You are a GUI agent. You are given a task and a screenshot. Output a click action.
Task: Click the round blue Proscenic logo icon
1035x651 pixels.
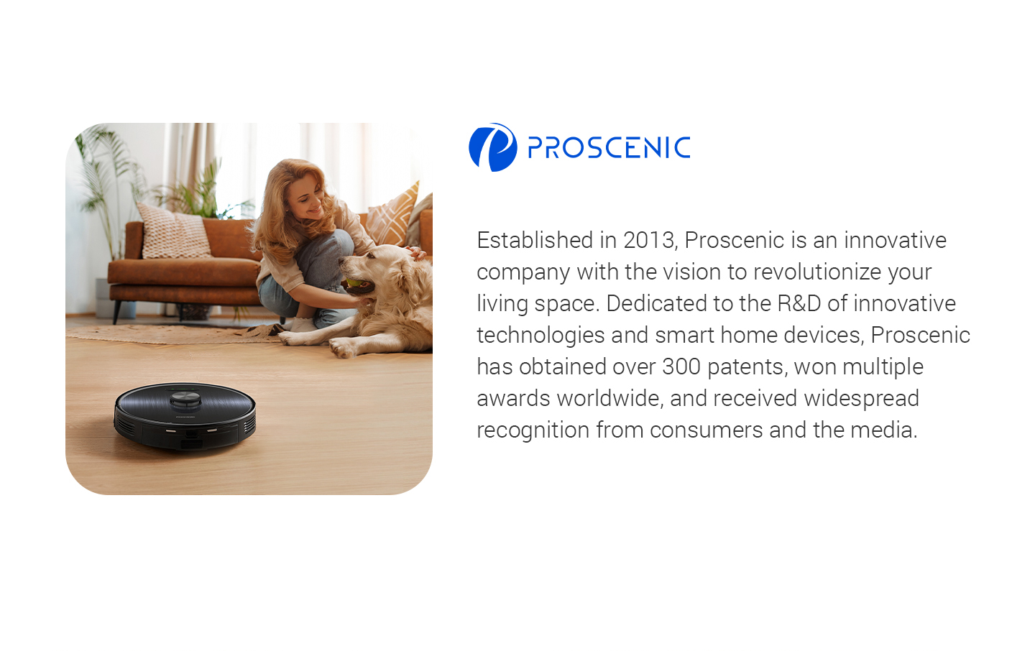coord(492,147)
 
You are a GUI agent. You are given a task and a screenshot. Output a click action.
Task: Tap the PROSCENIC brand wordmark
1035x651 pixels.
coord(609,147)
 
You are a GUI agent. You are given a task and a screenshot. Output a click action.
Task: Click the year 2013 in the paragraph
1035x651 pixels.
coord(649,240)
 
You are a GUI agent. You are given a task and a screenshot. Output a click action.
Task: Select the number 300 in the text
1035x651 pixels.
coord(681,367)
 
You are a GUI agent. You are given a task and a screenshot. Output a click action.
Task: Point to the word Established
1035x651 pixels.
coord(535,240)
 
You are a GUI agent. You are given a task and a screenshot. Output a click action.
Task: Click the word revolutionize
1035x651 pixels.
coord(817,272)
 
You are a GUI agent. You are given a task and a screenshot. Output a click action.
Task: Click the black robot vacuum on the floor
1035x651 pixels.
coord(185,416)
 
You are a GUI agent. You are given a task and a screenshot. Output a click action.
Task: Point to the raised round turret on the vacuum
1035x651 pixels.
coord(185,400)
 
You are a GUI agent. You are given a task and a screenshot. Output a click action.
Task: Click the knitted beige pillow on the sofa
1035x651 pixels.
coord(174,231)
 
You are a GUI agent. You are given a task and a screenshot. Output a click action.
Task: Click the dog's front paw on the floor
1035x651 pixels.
coord(344,348)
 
